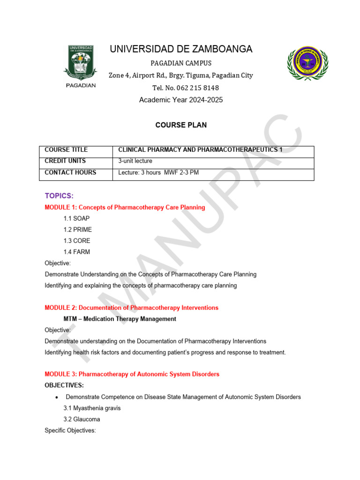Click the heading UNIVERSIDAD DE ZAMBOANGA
181,49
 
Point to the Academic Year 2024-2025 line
181,100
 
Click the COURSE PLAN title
181,125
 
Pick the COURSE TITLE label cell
75,150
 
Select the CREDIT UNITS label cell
75,161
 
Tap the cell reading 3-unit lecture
135,161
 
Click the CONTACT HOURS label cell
75,172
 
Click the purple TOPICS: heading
59,195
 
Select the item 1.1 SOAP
76,218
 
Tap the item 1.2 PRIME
78,230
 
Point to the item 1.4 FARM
77,252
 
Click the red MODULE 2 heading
131,307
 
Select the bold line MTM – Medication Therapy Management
120,319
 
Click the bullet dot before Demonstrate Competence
57,397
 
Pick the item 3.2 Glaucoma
82,419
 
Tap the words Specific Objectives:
70,430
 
